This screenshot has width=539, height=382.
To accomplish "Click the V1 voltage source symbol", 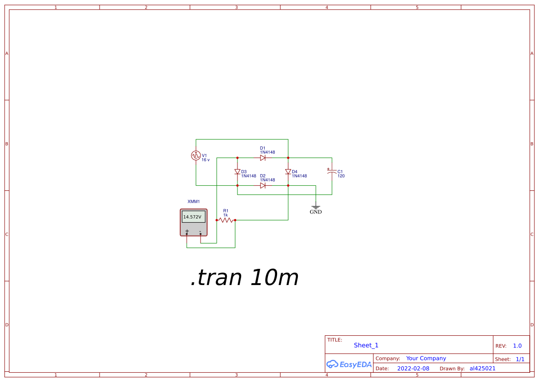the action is [x=196, y=155].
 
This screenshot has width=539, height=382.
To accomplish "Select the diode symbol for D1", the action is [x=263, y=158].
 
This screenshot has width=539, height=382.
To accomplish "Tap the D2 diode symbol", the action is [x=263, y=186].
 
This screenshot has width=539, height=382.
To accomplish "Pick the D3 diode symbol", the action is [x=237, y=171].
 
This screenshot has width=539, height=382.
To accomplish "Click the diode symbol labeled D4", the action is [x=288, y=171].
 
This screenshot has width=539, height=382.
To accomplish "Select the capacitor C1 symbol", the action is [x=332, y=171].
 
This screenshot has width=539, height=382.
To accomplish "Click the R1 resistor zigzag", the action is [x=226, y=220].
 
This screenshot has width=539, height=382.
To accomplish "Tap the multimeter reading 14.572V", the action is [x=192, y=217].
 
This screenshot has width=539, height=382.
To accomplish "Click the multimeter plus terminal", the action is [x=187, y=232].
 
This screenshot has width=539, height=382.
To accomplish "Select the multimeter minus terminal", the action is [x=201, y=232].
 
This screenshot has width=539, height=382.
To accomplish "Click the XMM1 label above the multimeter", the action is [x=194, y=201].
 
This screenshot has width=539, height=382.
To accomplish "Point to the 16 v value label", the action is [x=206, y=160].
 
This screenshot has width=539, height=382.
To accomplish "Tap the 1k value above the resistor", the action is [x=225, y=215].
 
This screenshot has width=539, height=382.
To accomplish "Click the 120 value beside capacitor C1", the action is [x=341, y=176].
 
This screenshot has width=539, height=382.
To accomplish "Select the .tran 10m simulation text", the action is [x=244, y=278].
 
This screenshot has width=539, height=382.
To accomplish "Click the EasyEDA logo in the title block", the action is [x=349, y=364].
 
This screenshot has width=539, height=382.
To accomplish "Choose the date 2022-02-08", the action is [x=413, y=369].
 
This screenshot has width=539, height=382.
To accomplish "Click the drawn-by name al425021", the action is [x=483, y=369].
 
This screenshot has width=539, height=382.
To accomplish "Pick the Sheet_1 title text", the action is [x=366, y=346].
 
